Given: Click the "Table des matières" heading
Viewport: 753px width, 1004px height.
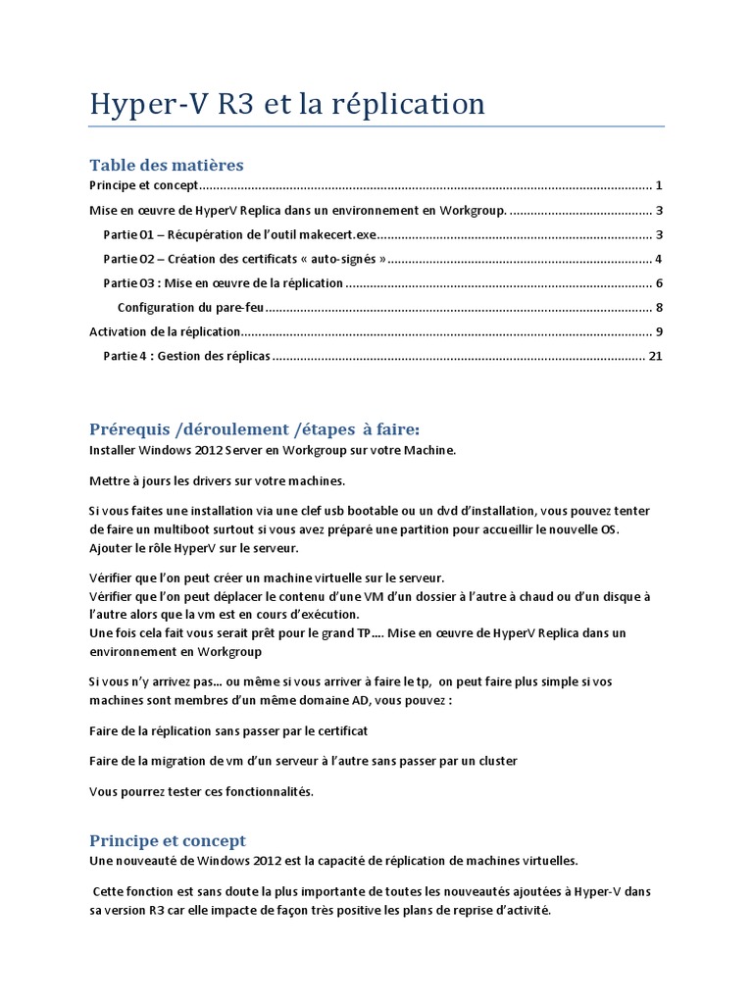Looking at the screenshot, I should pos(166,164).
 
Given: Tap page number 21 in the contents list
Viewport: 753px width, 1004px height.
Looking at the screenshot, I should pos(656,356).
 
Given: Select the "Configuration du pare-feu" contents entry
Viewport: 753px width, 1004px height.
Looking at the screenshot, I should pos(191,307).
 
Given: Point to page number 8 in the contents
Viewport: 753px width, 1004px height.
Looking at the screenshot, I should pos(660,307).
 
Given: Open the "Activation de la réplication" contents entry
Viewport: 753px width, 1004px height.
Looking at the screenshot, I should pos(164,331).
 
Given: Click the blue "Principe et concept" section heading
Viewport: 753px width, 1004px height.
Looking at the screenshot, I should pos(168,840).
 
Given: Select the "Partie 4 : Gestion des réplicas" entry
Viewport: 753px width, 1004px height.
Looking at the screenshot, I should pos(186,356).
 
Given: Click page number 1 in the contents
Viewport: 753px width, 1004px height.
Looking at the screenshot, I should pos(660,185).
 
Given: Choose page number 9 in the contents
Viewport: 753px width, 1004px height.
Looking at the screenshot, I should pos(660,331).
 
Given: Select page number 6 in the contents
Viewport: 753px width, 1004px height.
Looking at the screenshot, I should pos(660,283).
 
